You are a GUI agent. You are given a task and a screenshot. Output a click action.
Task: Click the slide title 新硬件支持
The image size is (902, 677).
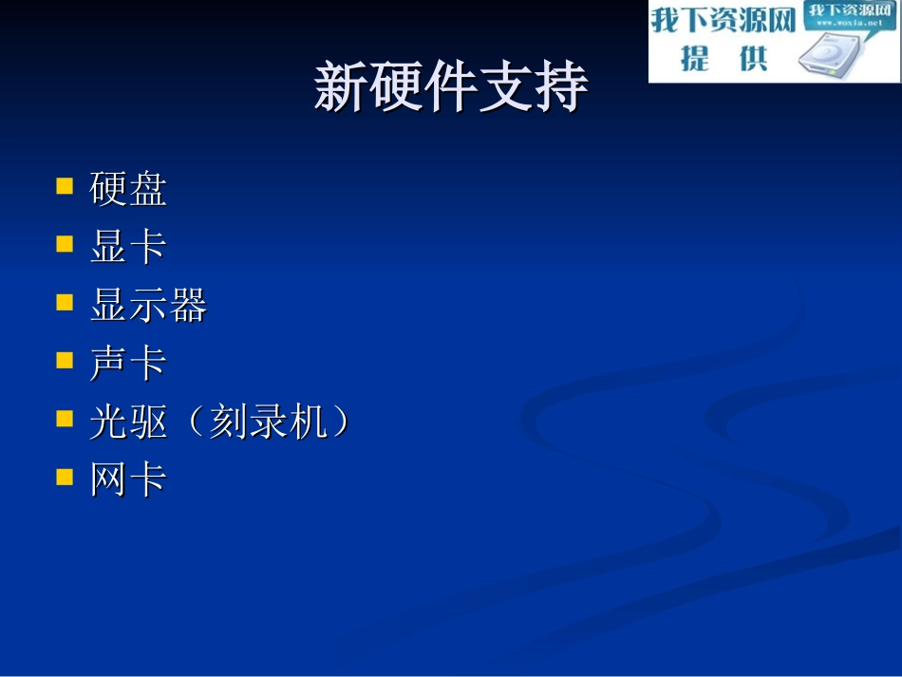point(451,88)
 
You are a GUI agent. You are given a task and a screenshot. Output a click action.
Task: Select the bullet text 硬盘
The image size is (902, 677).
point(128,189)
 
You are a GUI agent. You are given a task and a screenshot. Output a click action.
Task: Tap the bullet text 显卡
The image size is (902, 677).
point(128,247)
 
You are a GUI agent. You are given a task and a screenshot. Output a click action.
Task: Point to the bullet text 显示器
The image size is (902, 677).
point(148,306)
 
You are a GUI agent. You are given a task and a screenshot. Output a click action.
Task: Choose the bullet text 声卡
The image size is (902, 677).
point(128,364)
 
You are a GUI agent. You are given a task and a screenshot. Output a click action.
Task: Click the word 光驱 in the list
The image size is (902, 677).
point(128,423)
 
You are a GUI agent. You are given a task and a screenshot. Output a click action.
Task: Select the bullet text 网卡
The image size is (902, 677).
point(128,480)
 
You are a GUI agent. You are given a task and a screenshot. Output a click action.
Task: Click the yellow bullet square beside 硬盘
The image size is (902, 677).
point(65,184)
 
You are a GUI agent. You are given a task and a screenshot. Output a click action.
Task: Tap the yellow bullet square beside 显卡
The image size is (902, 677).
point(65,243)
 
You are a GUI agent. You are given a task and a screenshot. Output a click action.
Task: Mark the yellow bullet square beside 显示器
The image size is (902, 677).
point(65,302)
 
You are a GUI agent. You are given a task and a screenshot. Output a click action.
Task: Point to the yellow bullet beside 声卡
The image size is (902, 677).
point(65,360)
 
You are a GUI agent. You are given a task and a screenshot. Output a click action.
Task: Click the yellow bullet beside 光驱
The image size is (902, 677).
point(65,418)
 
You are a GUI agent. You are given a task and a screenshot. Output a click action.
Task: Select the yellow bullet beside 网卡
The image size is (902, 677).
point(65,476)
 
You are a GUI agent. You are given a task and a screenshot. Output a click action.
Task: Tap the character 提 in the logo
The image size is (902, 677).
point(695,59)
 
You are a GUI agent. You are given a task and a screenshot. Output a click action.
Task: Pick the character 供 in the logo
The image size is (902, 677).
point(753,59)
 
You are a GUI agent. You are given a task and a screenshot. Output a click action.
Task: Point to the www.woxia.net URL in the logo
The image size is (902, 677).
point(851,22)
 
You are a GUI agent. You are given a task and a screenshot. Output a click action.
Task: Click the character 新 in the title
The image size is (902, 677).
point(341,88)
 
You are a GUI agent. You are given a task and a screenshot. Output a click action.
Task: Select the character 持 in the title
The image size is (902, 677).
point(561,88)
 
